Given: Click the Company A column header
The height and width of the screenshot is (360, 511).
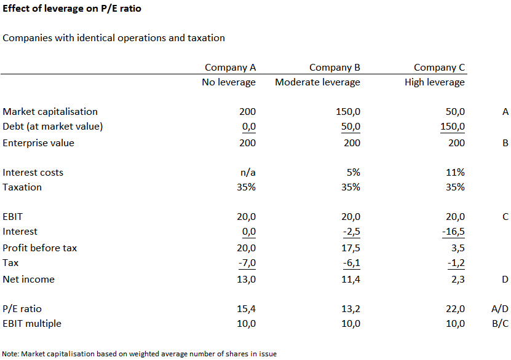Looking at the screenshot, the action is tap(231, 68).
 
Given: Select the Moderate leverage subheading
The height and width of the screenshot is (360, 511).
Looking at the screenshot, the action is tap(318, 82).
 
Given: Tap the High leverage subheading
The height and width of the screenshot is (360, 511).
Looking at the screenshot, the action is tap(435, 82).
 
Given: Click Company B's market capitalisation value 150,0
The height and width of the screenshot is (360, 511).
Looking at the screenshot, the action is tap(348, 112).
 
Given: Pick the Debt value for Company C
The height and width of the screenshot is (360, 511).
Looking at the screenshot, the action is tap(453, 127).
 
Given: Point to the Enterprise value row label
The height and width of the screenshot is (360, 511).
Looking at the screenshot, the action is tap(39, 143).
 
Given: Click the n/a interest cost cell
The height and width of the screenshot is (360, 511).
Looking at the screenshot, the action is tap(248, 173).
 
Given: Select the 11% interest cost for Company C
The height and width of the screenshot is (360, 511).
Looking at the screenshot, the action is tap(455, 173).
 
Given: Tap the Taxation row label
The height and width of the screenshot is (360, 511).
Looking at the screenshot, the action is tap(22, 187).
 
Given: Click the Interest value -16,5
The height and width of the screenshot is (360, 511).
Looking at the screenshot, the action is tap(453, 232).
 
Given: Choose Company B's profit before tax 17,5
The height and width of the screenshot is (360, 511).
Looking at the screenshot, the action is tap(351, 248).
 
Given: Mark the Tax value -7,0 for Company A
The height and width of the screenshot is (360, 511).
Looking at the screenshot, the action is tap(247, 263).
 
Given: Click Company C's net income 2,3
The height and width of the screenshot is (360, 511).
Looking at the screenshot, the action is tap(458, 280).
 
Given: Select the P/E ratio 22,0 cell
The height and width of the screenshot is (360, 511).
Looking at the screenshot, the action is tap(455, 309).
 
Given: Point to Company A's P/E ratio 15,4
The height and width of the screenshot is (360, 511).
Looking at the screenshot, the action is tap(247, 309).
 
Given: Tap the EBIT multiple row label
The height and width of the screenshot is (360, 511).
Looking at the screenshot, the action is tap(32, 324).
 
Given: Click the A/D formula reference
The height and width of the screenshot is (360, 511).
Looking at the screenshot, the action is tap(500, 309).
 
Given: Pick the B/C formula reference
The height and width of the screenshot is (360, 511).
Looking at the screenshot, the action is tap(501, 324).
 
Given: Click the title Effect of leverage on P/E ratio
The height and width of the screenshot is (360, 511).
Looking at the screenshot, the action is tap(72, 9).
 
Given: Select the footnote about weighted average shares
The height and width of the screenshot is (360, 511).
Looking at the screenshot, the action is tap(140, 354).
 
